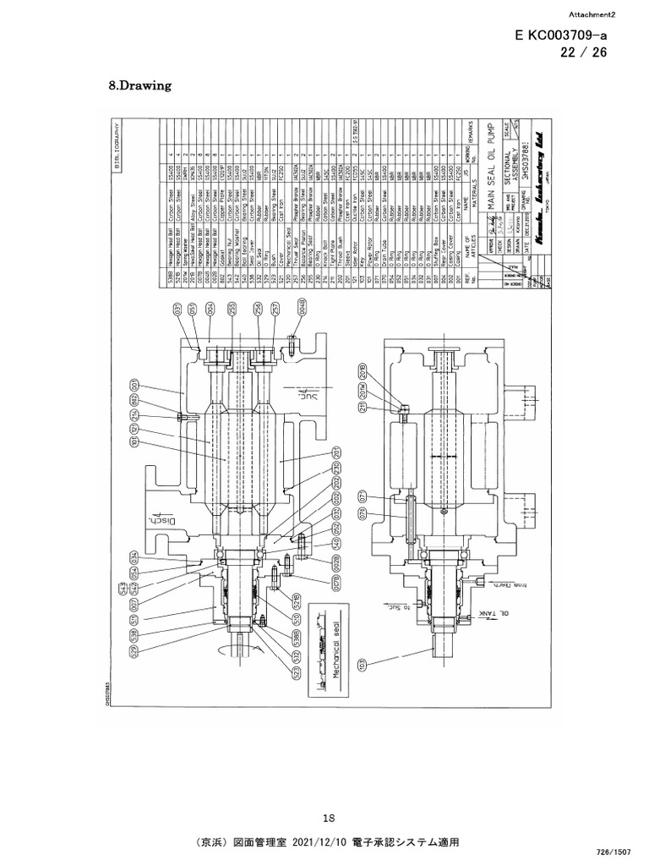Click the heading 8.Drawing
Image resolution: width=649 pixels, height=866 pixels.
pyautogui.click(x=141, y=85)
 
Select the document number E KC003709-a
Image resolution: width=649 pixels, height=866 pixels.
pyautogui.click(x=559, y=36)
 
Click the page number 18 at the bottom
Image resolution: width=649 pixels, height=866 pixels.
pyautogui.click(x=330, y=817)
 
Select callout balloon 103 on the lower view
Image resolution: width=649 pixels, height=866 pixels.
pyautogui.click(x=363, y=663)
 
